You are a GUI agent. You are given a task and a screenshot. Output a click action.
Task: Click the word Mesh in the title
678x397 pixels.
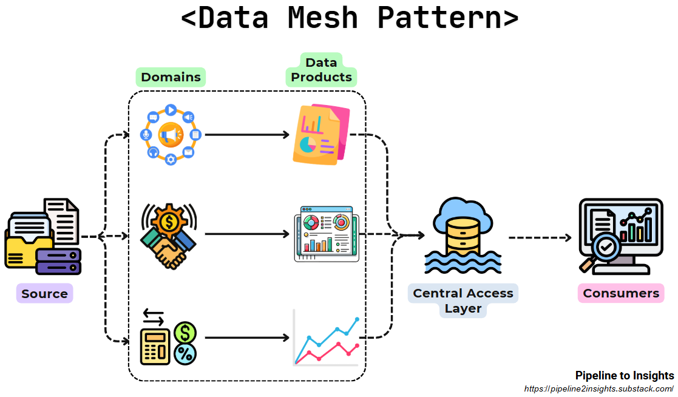[x=322, y=18]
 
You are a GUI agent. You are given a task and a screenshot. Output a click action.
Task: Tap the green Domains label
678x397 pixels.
[x=171, y=77]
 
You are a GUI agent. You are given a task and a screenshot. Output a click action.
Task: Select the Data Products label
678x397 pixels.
[x=321, y=70]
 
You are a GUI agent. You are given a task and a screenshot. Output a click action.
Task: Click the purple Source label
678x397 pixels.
[x=44, y=294]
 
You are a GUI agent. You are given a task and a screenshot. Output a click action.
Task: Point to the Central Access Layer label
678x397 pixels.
[x=463, y=300]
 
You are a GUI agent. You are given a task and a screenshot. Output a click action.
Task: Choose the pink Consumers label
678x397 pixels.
[x=620, y=294]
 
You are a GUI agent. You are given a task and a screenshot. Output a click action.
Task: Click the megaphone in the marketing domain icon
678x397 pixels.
[x=171, y=135]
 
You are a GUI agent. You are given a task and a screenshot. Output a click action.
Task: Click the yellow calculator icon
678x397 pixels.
[x=155, y=346]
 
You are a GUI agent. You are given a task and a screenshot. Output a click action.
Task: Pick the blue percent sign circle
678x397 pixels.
[x=185, y=354]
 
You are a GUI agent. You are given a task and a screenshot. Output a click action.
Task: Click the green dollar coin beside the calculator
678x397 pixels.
[x=185, y=333]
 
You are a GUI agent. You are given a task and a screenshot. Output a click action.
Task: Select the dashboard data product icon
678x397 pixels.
[x=323, y=234]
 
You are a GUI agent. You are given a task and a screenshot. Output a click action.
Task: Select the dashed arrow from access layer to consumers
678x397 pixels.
[x=540, y=237]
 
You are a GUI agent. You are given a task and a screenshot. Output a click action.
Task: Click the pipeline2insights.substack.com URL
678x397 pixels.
[x=598, y=389]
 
